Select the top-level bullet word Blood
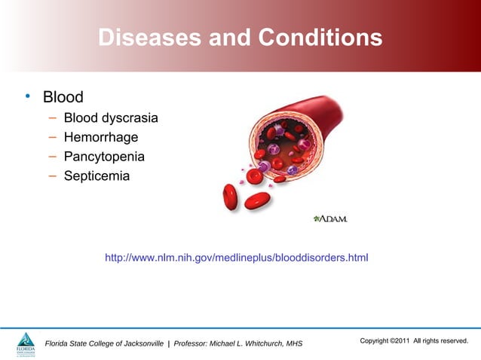pos(63,97)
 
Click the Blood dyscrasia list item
pos(111,118)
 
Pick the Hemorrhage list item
pos(101,138)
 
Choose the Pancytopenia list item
pos(104,157)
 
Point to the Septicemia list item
pos(97,177)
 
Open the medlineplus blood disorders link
pos(236,258)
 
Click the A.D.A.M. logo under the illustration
pos(329,218)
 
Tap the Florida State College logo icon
pos(26,343)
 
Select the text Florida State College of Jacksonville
pos(105,344)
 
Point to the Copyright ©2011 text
pos(384,341)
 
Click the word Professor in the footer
pos(193,344)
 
